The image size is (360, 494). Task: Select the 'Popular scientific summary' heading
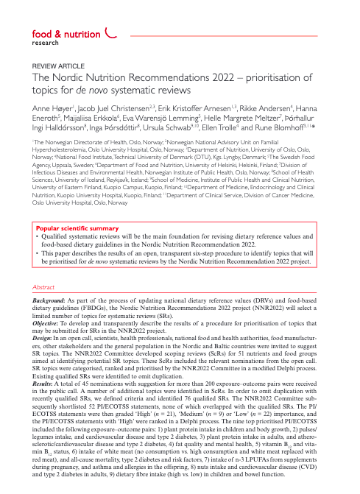pyautogui.click(x=77, y=250)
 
